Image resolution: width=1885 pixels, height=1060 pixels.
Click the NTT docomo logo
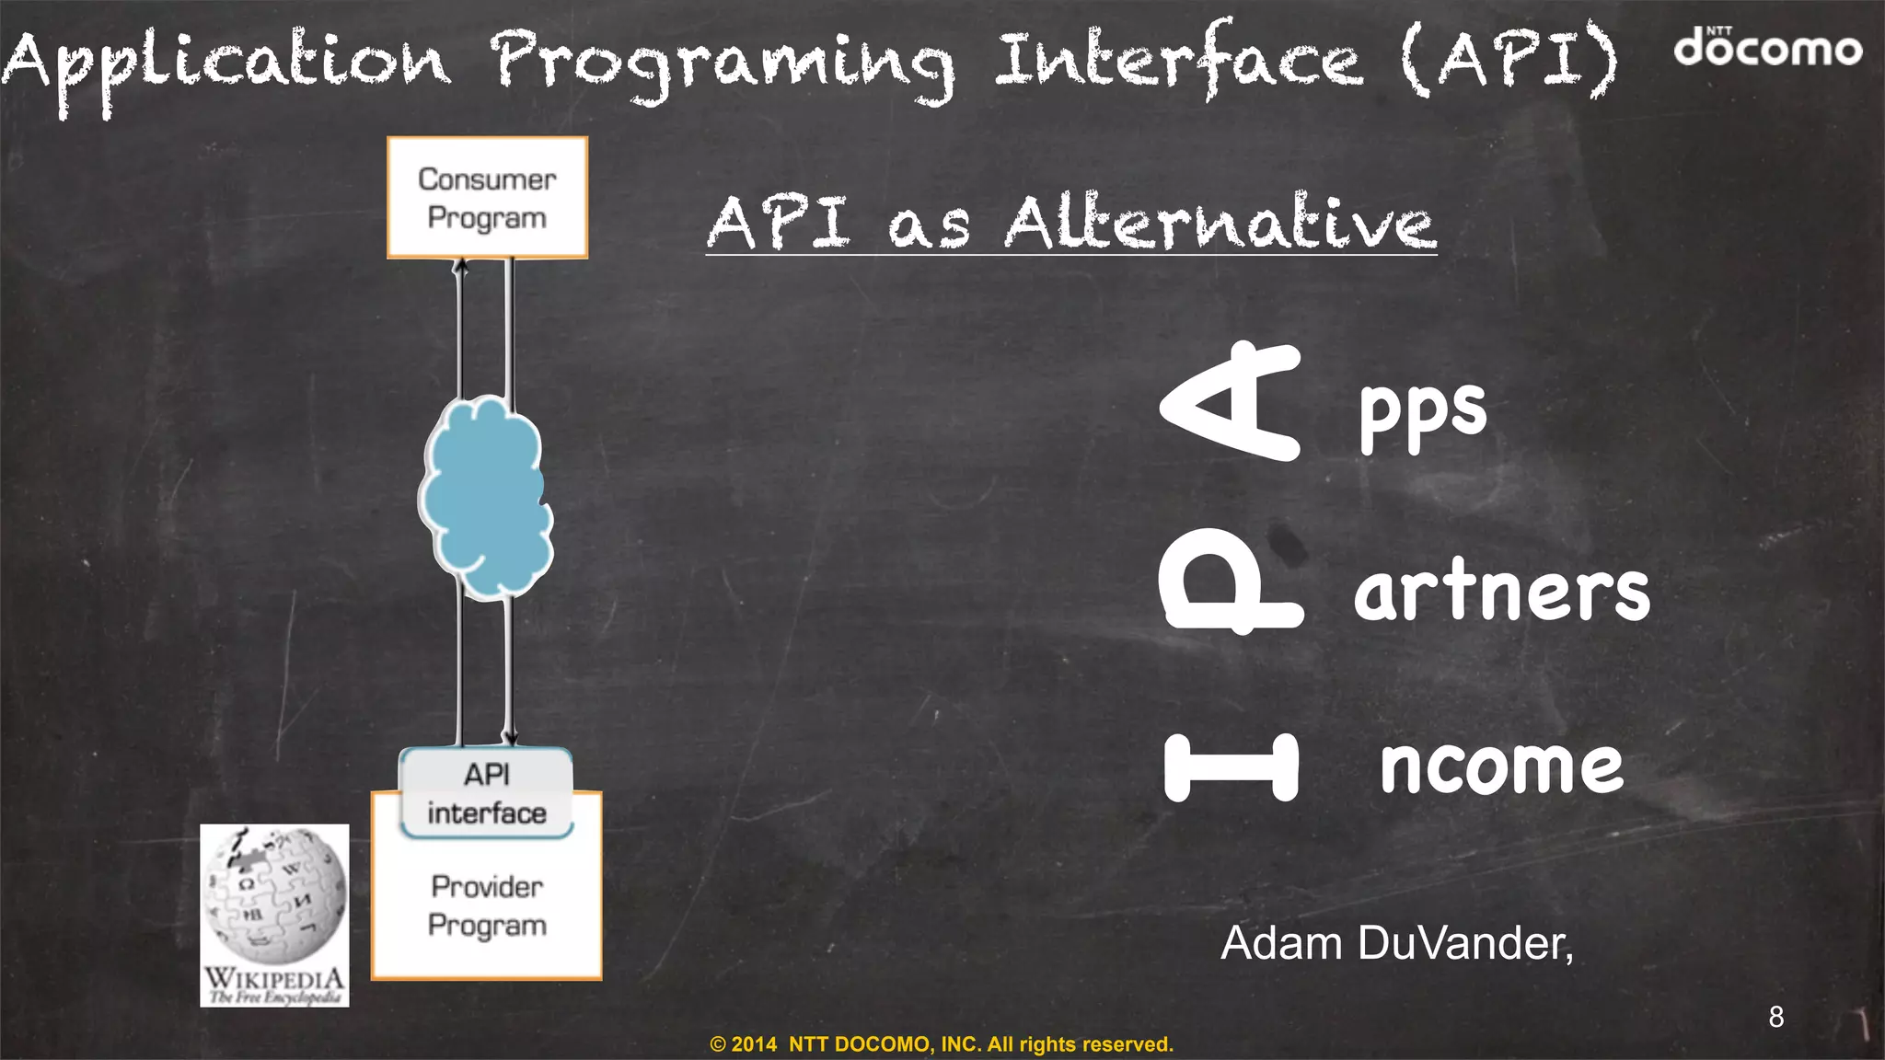point(1767,48)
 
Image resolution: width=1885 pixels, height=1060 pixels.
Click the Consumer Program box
point(487,198)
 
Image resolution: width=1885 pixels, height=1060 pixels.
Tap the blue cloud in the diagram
point(486,497)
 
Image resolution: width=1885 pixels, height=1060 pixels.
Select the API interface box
point(486,793)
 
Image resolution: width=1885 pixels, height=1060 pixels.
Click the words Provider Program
point(487,905)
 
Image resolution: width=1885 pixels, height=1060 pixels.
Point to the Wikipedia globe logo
point(274,897)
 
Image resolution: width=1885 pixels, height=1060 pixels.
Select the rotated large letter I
point(1232,766)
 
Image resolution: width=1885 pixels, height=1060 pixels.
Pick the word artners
point(1502,591)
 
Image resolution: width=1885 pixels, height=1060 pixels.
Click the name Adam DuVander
point(1396,943)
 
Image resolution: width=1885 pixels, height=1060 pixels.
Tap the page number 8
point(1775,1017)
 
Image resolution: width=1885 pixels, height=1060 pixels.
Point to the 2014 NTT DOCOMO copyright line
point(942,1044)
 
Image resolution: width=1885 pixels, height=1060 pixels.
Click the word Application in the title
point(226,63)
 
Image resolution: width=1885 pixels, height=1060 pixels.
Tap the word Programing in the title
point(723,63)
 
